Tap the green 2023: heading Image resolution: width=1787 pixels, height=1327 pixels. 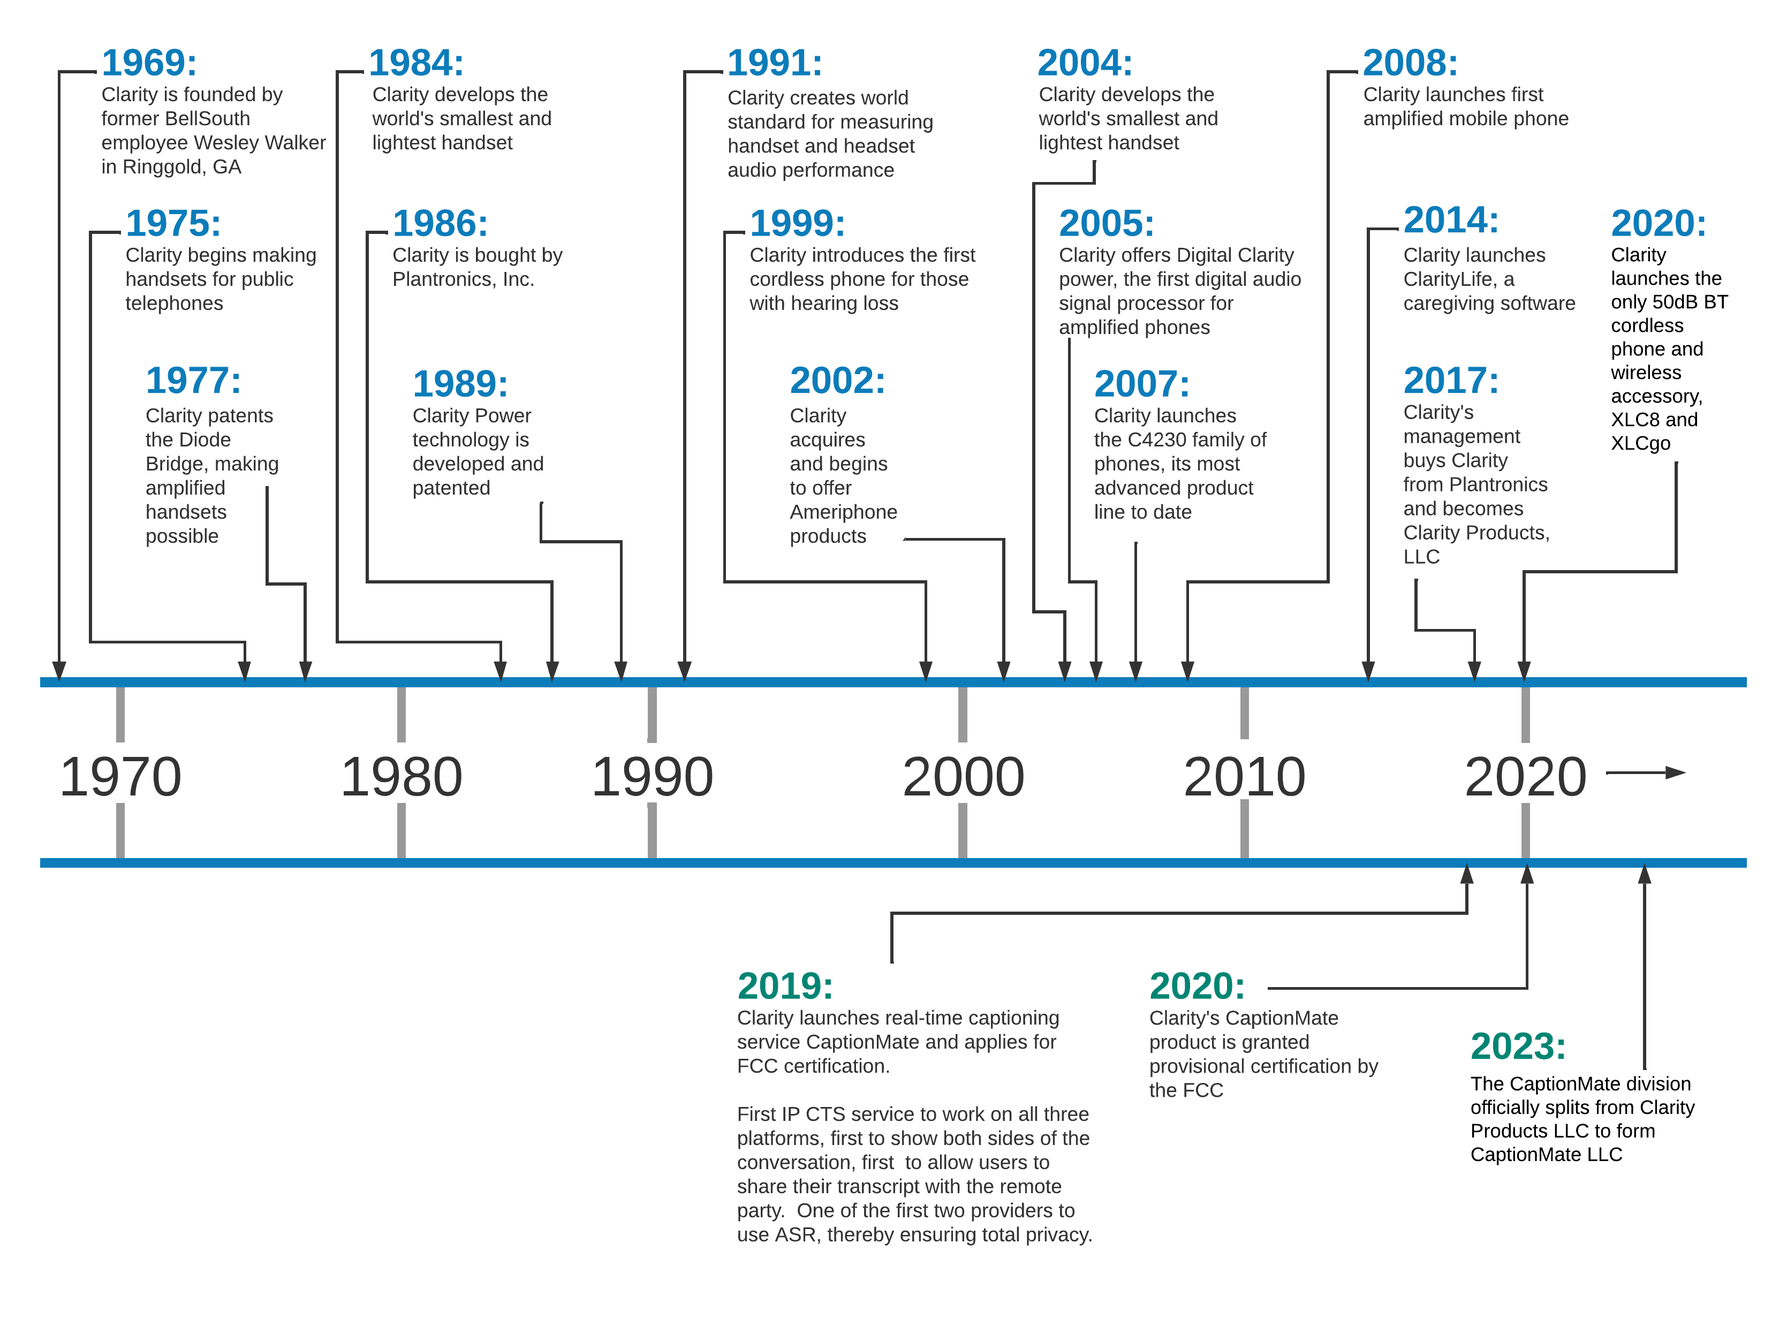tap(1517, 1046)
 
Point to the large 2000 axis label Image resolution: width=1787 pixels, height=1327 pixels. tap(963, 777)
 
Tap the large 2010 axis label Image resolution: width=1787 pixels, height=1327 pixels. tap(1244, 777)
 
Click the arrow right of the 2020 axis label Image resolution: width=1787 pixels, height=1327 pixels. tap(1646, 773)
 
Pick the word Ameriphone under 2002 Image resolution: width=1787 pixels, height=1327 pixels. tap(843, 512)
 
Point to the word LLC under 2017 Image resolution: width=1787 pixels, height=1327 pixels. tap(1421, 557)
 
